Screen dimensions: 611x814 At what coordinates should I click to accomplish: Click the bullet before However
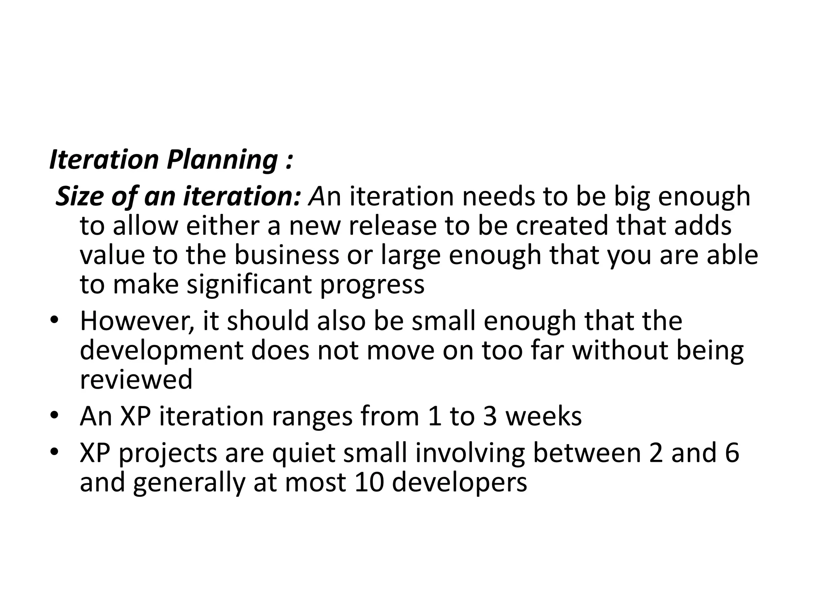pyautogui.click(x=54, y=321)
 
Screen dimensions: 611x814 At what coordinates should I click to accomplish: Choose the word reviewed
pyautogui.click(x=136, y=380)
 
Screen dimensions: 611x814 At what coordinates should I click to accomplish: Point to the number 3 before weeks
pyautogui.click(x=490, y=416)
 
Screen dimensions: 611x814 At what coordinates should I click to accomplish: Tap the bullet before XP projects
pyautogui.click(x=54, y=453)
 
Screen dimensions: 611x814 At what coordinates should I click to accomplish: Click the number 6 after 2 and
pyautogui.click(x=732, y=453)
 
